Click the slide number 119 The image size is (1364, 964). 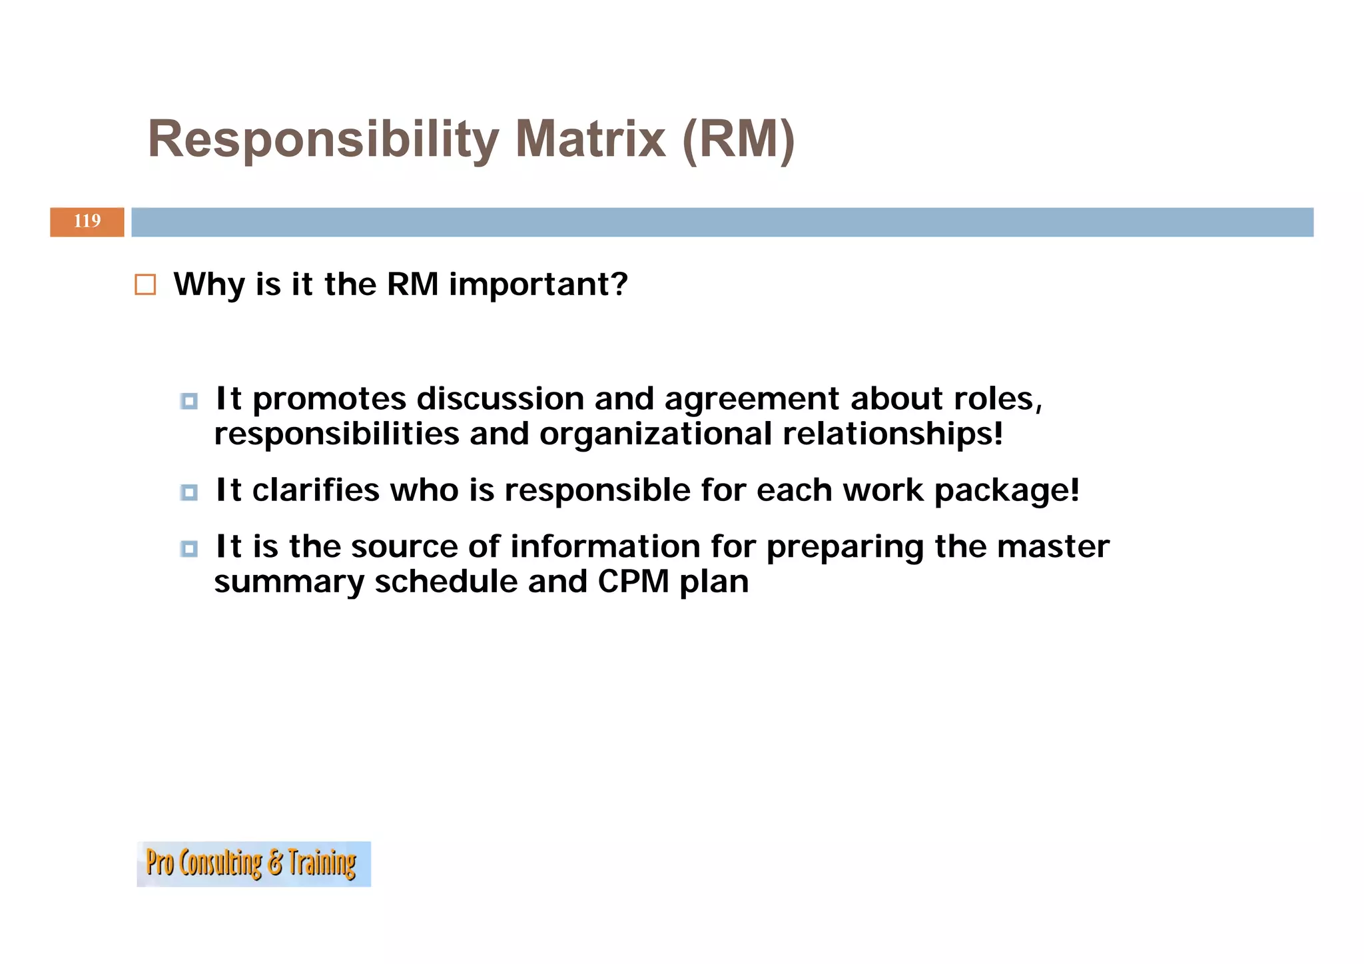tap(87, 221)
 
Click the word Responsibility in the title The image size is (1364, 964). tap(323, 139)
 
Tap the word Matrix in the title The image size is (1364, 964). tap(590, 139)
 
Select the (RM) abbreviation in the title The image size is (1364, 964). tap(739, 139)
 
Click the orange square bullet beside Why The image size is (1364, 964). tap(145, 284)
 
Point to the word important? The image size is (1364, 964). tap(538, 284)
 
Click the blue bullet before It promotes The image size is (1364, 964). tap(189, 401)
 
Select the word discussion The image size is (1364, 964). tap(500, 399)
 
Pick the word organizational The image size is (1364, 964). tap(655, 434)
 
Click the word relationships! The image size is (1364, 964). tap(892, 434)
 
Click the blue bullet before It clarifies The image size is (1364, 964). tap(189, 492)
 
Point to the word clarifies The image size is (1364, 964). tap(316, 490)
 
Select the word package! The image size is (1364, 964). tap(1006, 492)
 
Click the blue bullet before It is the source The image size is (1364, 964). tap(189, 549)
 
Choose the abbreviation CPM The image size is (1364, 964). tap(633, 582)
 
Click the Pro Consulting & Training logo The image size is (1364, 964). tap(254, 863)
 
